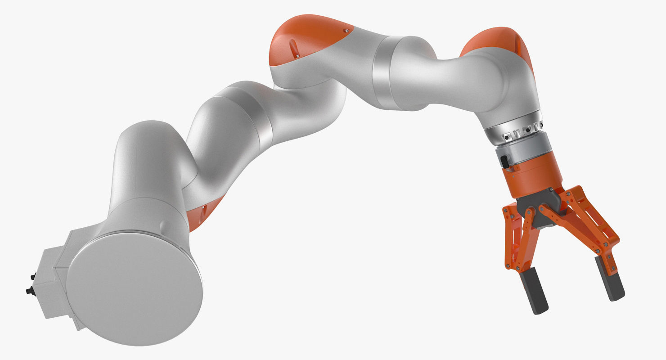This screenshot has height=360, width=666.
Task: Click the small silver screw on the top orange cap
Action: click(x=346, y=30)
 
